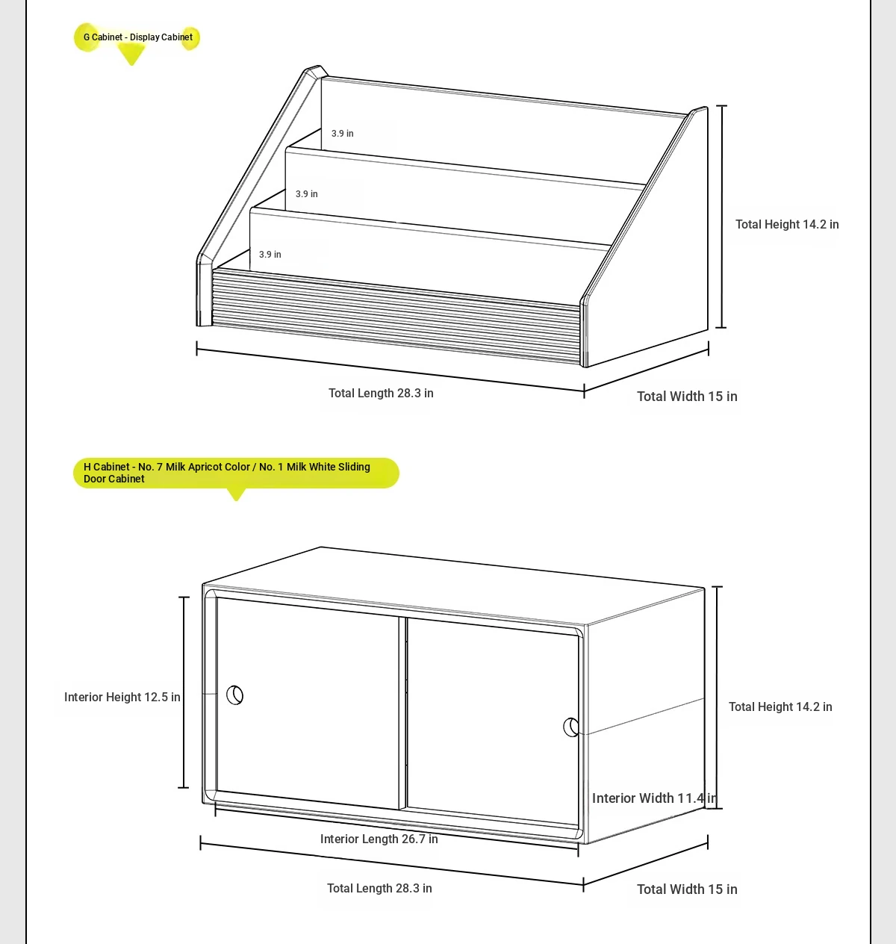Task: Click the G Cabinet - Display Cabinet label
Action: tap(138, 37)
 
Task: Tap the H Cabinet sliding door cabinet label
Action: tap(227, 473)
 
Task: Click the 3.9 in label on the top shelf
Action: tap(343, 134)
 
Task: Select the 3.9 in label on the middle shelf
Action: tap(306, 194)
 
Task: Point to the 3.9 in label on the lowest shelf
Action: tap(270, 255)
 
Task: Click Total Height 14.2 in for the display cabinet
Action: tap(787, 224)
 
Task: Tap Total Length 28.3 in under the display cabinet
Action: tap(381, 394)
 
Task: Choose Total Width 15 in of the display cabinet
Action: tap(687, 397)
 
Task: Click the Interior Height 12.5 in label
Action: tap(122, 698)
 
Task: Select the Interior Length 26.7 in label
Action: tap(379, 839)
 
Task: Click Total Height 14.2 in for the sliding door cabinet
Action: tap(780, 707)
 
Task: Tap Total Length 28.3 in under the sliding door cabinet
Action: tap(379, 888)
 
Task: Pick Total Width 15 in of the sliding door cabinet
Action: tap(687, 889)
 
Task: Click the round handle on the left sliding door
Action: tap(234, 695)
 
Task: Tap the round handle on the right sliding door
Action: tap(571, 727)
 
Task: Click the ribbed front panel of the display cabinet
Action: tap(396, 314)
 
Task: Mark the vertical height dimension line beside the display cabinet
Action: tap(721, 217)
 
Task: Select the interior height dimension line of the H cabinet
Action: tap(184, 692)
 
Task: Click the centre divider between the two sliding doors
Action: tap(402, 713)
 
